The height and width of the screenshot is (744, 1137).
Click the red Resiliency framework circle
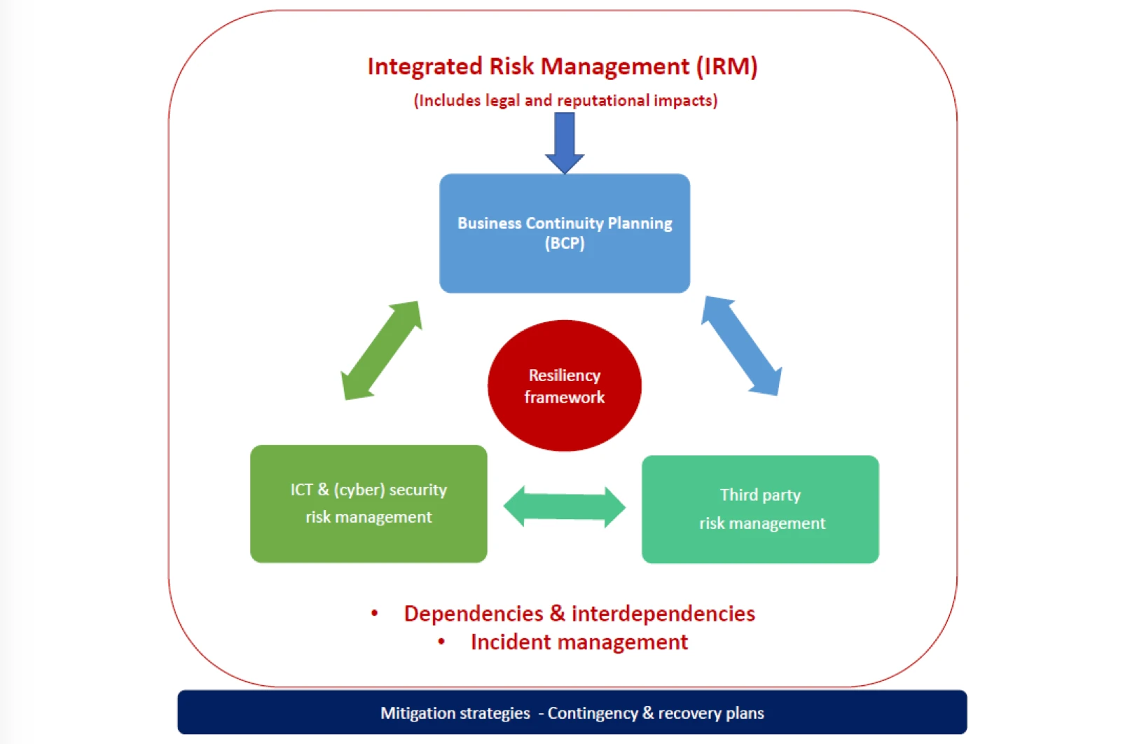[565, 386]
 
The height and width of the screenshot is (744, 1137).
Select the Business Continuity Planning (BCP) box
[565, 233]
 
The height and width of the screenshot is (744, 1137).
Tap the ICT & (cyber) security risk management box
[368, 504]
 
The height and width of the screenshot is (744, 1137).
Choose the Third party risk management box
[760, 509]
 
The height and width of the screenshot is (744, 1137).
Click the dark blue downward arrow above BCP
[565, 143]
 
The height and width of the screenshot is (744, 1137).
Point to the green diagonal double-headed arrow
[382, 350]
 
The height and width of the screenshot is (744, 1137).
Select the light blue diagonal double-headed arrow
[742, 345]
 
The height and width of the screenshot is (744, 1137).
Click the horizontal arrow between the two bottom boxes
[565, 507]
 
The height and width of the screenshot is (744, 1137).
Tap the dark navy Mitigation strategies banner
[572, 712]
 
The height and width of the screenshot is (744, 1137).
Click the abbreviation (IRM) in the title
[727, 67]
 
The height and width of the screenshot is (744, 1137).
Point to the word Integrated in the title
[425, 67]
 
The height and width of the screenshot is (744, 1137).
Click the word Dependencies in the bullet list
[474, 614]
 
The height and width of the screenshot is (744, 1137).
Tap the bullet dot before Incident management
[441, 642]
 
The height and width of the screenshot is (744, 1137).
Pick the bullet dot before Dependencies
[375, 613]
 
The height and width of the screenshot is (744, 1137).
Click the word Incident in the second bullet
[511, 642]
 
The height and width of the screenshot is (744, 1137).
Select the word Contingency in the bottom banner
[593, 713]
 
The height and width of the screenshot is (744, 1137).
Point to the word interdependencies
[663, 614]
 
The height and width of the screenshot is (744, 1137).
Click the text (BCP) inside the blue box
[565, 244]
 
